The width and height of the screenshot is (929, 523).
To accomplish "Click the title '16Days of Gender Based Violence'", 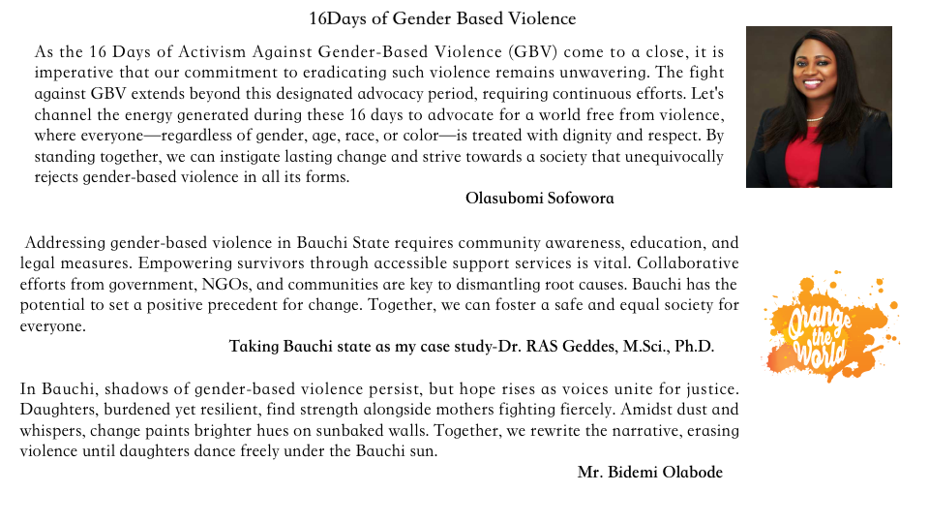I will click(442, 19).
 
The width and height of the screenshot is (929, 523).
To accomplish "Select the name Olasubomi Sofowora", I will click(540, 199).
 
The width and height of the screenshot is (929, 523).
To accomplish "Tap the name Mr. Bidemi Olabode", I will click(650, 473).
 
